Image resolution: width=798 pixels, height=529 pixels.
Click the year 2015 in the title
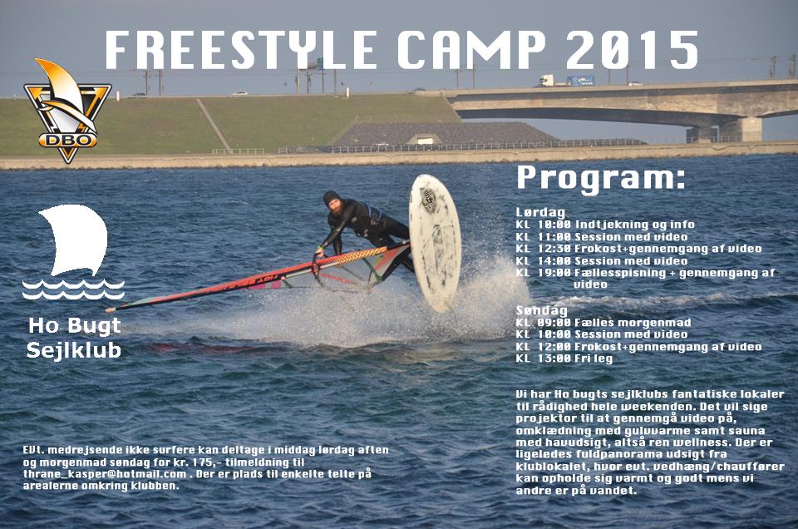[632, 49]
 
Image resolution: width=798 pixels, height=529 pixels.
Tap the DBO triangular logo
[67, 111]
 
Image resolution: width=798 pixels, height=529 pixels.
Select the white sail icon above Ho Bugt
[74, 252]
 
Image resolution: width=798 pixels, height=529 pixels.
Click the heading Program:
[601, 179]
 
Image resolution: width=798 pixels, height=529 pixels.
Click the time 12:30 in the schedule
[554, 249]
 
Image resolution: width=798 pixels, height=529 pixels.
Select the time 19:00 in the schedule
[554, 272]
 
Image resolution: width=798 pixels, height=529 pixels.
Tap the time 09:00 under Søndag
[554, 322]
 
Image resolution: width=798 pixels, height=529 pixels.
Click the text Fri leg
[594, 358]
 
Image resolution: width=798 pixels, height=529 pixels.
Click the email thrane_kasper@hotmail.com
[105, 474]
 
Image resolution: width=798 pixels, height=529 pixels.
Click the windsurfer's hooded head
[332, 200]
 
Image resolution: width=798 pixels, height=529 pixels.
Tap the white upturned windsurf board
[435, 242]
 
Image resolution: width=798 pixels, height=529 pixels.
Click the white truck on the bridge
[548, 81]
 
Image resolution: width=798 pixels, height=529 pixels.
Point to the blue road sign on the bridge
[581, 81]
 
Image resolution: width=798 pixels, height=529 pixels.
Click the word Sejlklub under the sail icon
[74, 350]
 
